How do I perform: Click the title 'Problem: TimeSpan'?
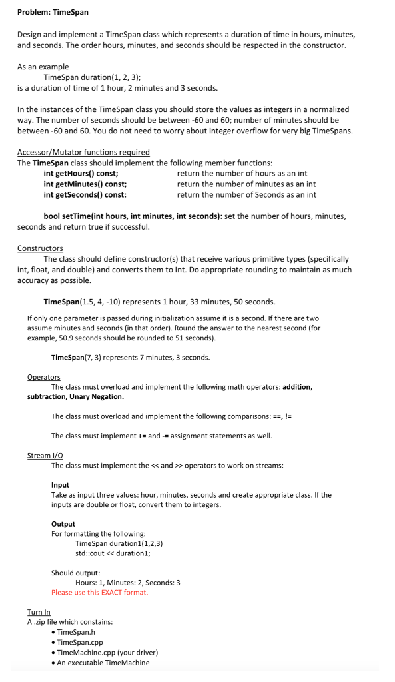pyautogui.click(x=53, y=12)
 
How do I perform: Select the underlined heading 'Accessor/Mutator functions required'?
pyautogui.click(x=83, y=152)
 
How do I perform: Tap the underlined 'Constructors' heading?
pyautogui.click(x=40, y=248)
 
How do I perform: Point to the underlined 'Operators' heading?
pyautogui.click(x=43, y=377)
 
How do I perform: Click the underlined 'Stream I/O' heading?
pyautogui.click(x=45, y=456)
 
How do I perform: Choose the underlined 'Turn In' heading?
pyautogui.click(x=39, y=612)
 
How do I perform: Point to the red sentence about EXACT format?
pyautogui.click(x=100, y=592)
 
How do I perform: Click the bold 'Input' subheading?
pyautogui.click(x=60, y=485)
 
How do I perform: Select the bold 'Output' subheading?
pyautogui.click(x=63, y=524)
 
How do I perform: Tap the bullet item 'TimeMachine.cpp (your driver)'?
pyautogui.click(x=107, y=652)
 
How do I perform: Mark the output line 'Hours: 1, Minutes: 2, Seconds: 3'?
pyautogui.click(x=127, y=583)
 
